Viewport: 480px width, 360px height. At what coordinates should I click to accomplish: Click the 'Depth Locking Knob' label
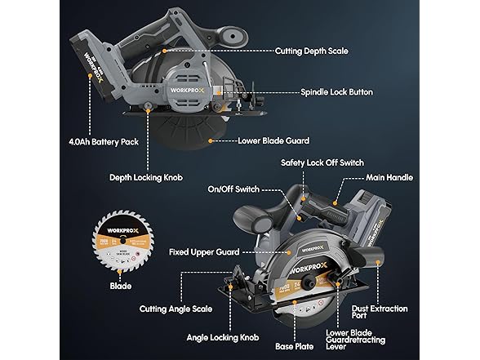point(146,176)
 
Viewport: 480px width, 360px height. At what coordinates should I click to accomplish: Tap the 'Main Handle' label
point(411,177)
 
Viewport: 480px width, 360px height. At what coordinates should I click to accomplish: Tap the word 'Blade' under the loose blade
point(120,287)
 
